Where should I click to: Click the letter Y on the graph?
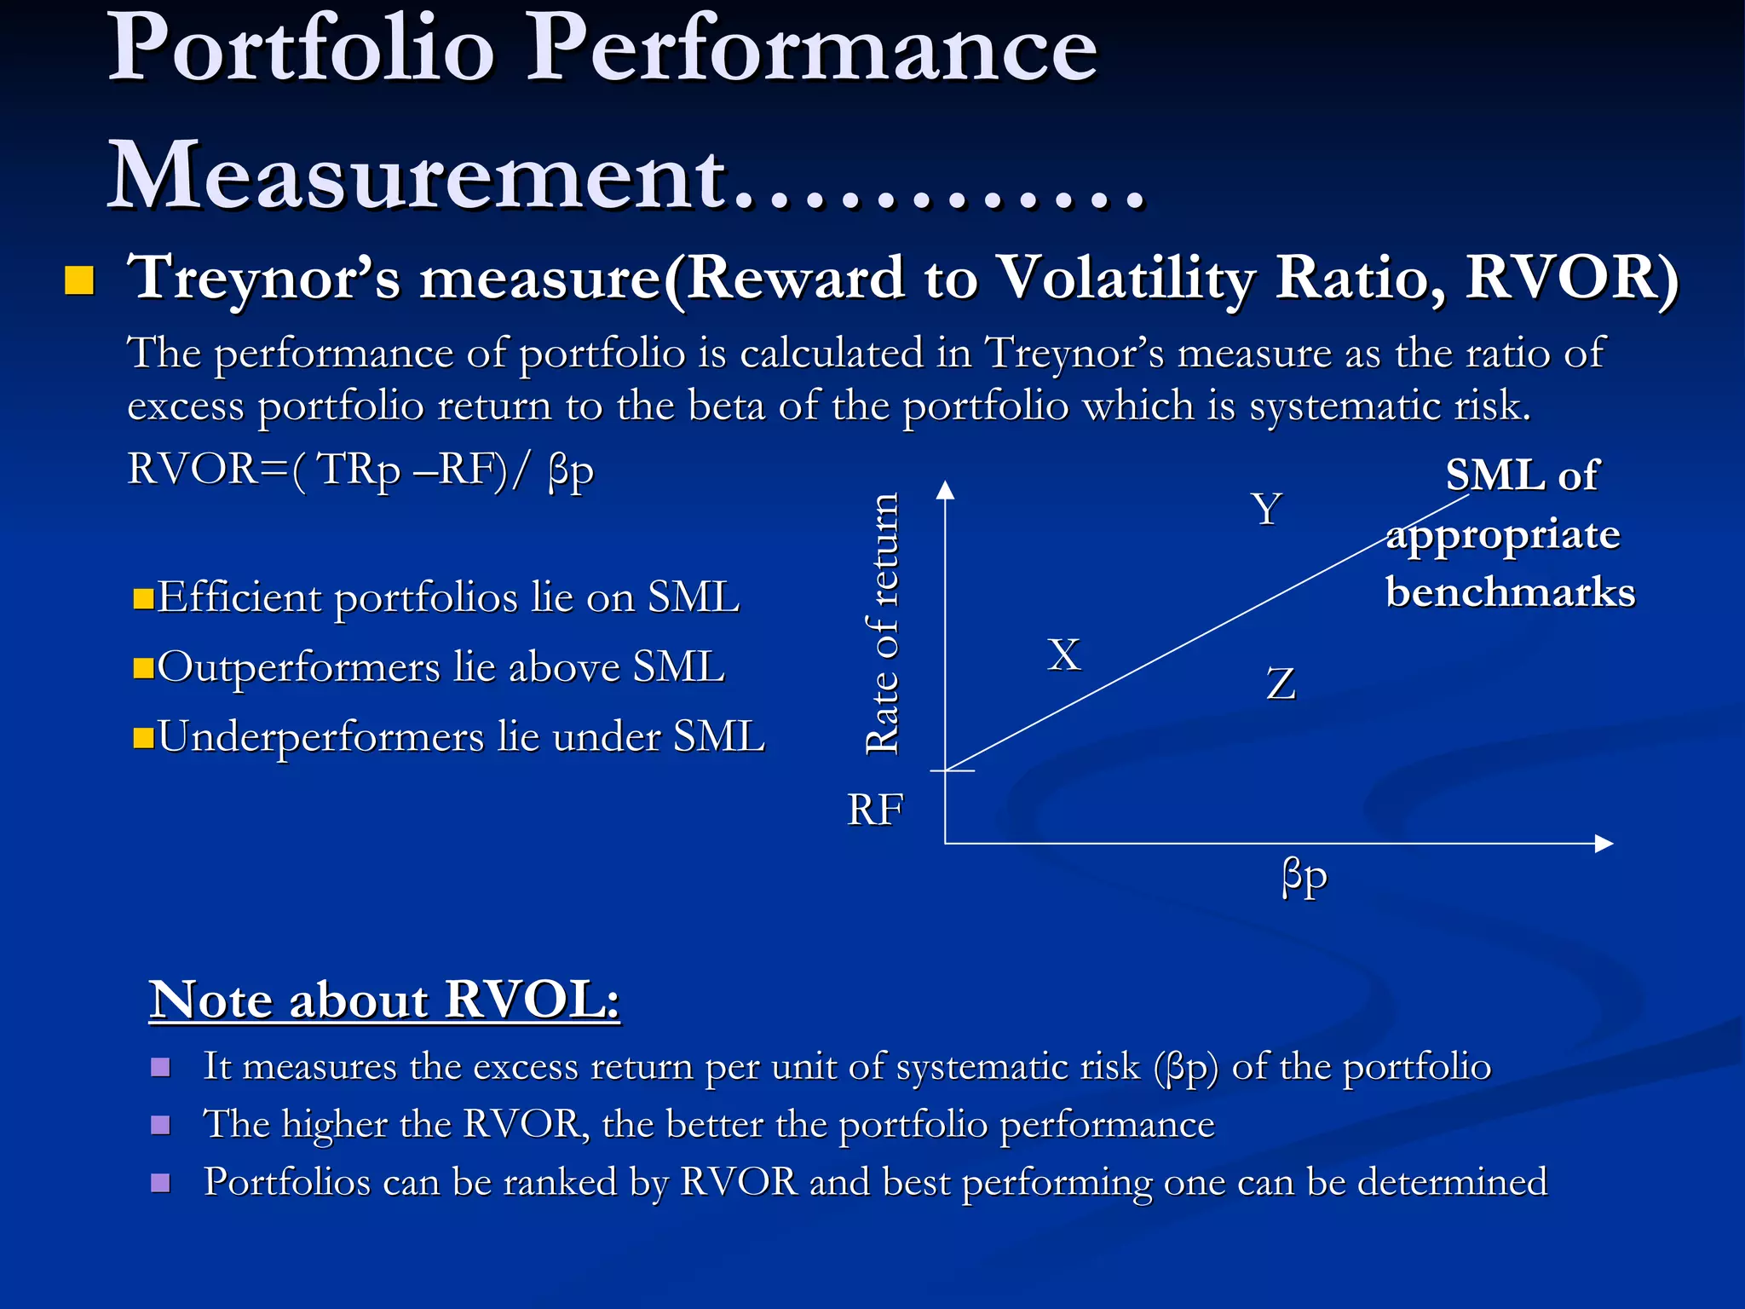pos(1267,509)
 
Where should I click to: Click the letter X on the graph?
pos(1064,655)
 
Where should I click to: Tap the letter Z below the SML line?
pos(1281,683)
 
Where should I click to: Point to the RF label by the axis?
pos(875,810)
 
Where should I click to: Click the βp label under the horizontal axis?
pos(1304,877)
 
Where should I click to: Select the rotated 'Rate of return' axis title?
pos(883,624)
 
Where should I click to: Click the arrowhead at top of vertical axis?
pos(945,489)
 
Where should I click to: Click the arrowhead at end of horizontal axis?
pos(1604,843)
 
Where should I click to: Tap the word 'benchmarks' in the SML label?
pos(1510,591)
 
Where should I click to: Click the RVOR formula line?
pos(360,470)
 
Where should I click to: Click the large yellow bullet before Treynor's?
pos(79,280)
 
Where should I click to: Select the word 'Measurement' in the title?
pos(418,176)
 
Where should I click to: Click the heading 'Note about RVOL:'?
pos(384,999)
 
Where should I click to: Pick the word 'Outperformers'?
pos(298,667)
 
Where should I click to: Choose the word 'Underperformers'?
pos(320,737)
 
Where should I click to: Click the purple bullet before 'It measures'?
pos(160,1067)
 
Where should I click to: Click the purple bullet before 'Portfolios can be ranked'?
pos(160,1182)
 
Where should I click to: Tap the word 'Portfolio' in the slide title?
pos(301,49)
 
